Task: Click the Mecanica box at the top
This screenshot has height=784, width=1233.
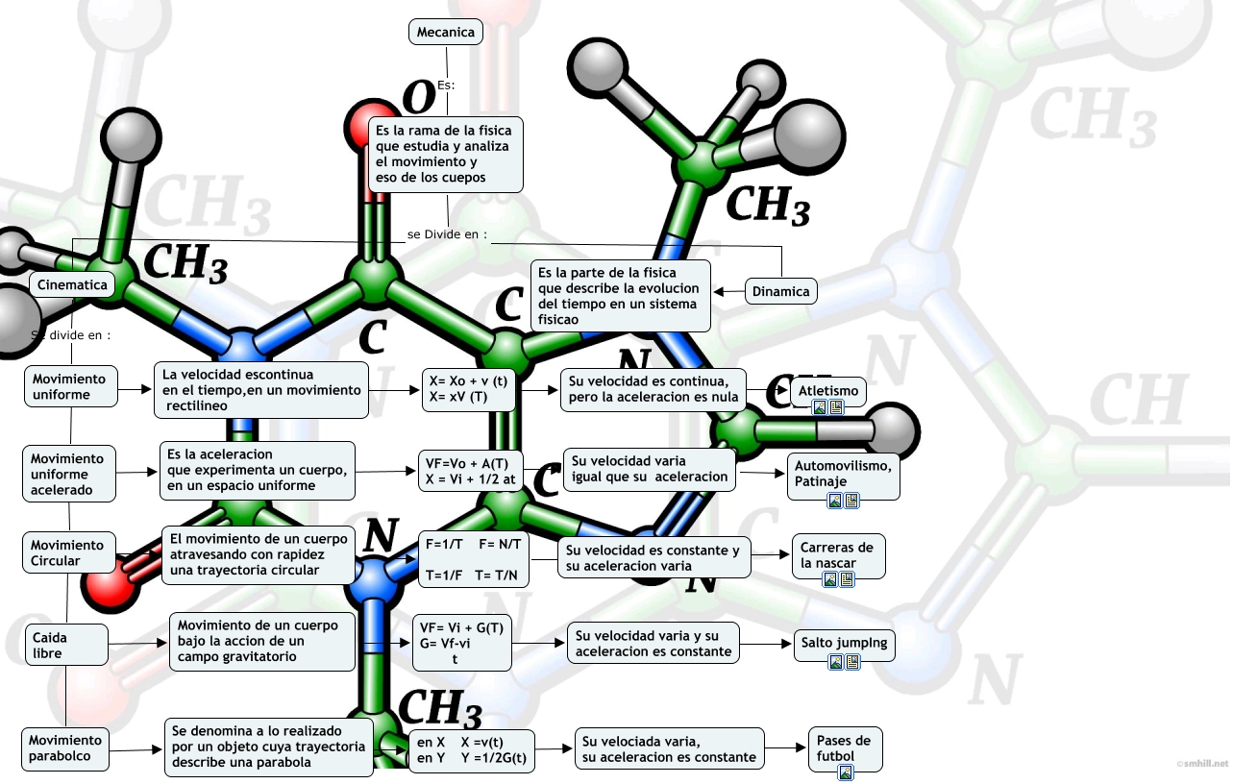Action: tap(445, 32)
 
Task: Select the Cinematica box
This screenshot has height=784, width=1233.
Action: tap(72, 284)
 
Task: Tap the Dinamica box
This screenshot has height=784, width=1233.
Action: tap(780, 291)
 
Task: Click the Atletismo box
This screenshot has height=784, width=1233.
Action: tap(828, 390)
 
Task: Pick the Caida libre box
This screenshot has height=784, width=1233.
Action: tap(65, 645)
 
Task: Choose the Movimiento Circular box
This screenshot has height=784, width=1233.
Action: tap(67, 553)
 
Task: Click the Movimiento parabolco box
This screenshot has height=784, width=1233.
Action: tap(65, 748)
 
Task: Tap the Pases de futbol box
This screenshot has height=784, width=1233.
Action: tap(845, 748)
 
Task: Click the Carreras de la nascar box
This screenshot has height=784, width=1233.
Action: tap(838, 555)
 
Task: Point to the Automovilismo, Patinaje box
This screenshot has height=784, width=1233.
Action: tap(844, 474)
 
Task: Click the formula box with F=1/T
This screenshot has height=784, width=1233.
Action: tap(474, 559)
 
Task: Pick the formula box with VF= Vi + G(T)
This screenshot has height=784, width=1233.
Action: tap(462, 643)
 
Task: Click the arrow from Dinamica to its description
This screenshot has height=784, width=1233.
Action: tap(730, 291)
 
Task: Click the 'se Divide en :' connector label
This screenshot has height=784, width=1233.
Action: tap(447, 234)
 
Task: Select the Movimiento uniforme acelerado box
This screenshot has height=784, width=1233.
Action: tap(69, 474)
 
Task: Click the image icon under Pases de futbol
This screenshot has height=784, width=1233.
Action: tap(846, 772)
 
